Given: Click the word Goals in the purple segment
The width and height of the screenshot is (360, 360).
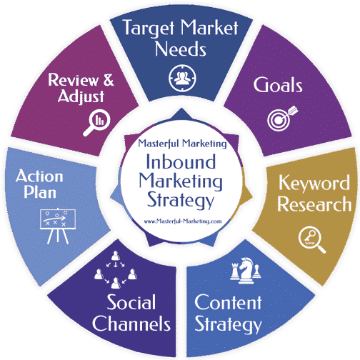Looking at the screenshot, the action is pyautogui.click(x=278, y=85).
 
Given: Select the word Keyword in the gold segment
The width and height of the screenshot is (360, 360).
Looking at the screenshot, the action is pyautogui.click(x=314, y=184).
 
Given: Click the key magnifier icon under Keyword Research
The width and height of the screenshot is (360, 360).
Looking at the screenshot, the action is pyautogui.click(x=312, y=239).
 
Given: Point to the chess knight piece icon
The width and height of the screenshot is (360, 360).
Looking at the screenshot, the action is pyautogui.click(x=246, y=270).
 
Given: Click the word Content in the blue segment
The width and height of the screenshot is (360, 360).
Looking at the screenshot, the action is pyautogui.click(x=228, y=302).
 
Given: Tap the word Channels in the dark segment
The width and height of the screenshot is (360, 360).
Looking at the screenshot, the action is pyautogui.click(x=131, y=323).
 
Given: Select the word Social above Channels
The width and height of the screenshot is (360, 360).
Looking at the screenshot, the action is pyautogui.click(x=131, y=302).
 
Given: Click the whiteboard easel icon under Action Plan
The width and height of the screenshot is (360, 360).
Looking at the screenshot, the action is pyautogui.click(x=58, y=226).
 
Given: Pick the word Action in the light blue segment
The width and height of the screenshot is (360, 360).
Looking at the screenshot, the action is pyautogui.click(x=39, y=176).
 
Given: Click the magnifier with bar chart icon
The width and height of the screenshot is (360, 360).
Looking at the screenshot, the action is pyautogui.click(x=97, y=122).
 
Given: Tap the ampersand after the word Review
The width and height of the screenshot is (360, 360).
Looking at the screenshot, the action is pyautogui.click(x=109, y=80).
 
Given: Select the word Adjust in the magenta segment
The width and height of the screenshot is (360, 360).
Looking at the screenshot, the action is pyautogui.click(x=81, y=96).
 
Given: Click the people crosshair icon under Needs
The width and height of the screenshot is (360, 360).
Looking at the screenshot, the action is pyautogui.click(x=182, y=78).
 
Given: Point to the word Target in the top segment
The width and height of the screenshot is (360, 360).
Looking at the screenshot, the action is pyautogui.click(x=149, y=29).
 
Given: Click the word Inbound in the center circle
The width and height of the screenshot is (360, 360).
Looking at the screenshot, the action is pyautogui.click(x=181, y=161).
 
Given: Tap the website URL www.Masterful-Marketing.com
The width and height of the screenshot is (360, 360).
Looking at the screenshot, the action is pyautogui.click(x=183, y=221).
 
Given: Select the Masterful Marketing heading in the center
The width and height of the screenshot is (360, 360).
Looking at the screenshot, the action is pyautogui.click(x=182, y=144).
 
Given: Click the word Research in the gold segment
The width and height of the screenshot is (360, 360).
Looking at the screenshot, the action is pyautogui.click(x=314, y=204).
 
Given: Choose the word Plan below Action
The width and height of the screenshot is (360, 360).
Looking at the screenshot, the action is pyautogui.click(x=40, y=192).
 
